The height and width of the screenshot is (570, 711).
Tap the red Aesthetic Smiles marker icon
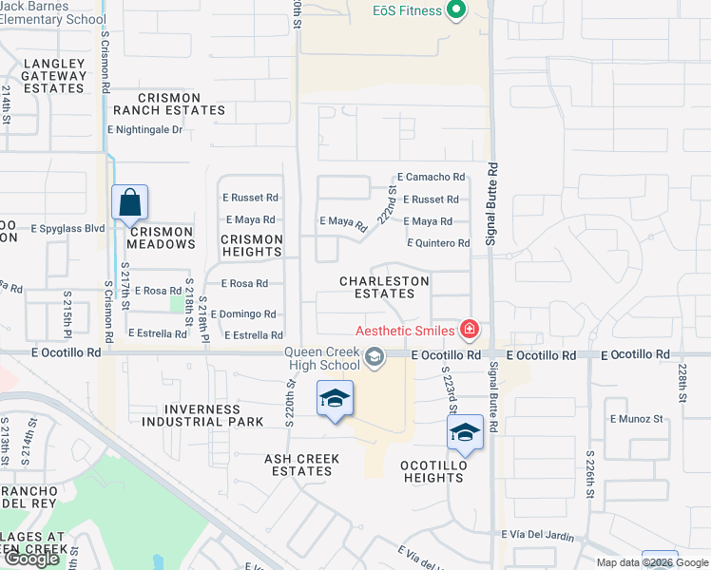tap(469, 331)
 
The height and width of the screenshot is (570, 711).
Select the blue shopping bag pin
tap(129, 203)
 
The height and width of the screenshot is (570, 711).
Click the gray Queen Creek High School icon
tap(375, 357)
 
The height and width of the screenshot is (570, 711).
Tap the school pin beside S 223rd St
tap(465, 432)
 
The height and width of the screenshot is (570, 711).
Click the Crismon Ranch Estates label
tap(182, 104)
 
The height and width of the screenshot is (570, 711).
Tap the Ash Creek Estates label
tap(301, 465)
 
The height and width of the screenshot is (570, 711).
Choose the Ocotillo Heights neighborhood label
tap(432, 471)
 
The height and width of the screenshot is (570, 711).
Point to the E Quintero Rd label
tap(438, 244)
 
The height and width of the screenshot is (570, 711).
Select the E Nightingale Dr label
tap(144, 129)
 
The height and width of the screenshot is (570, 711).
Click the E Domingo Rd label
tap(243, 314)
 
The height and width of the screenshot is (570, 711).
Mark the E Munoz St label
tap(636, 419)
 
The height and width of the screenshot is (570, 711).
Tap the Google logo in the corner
tap(31, 559)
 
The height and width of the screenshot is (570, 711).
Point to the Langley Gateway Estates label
tap(54, 76)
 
